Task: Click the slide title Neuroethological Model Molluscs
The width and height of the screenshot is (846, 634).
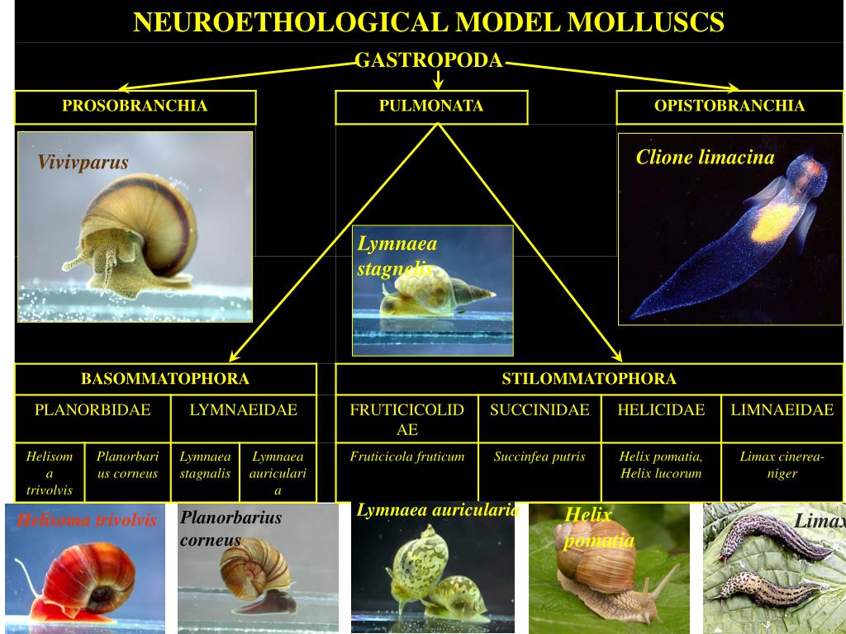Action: pyautogui.click(x=429, y=22)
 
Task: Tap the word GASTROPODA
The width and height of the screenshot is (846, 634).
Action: pyautogui.click(x=429, y=60)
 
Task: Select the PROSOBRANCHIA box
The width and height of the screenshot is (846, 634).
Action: pyautogui.click(x=135, y=106)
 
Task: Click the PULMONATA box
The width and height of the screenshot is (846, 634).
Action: pyautogui.click(x=430, y=106)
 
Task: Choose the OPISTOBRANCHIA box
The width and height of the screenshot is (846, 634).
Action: pyautogui.click(x=729, y=106)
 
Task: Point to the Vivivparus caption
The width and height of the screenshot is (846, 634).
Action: pyautogui.click(x=83, y=163)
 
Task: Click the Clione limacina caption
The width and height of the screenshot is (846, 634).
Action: pyautogui.click(x=705, y=158)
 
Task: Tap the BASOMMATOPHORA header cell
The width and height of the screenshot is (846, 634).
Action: pyautogui.click(x=165, y=379)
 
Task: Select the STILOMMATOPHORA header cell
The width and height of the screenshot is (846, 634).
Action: pyautogui.click(x=588, y=379)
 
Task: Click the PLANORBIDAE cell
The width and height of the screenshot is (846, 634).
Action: pyautogui.click(x=93, y=410)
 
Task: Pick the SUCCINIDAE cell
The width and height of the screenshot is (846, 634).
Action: pyautogui.click(x=539, y=410)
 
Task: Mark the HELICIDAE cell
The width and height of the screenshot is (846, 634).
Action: pyautogui.click(x=661, y=410)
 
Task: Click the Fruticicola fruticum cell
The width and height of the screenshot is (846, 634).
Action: pyautogui.click(x=406, y=457)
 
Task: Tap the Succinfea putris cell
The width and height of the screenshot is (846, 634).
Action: pyautogui.click(x=539, y=457)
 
